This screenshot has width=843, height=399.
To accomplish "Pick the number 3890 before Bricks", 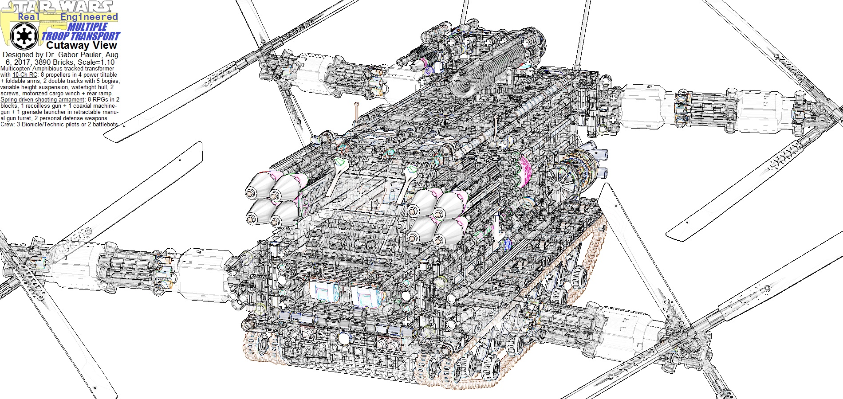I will point(39,62).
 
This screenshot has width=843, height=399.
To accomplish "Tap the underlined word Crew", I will point(7,125).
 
